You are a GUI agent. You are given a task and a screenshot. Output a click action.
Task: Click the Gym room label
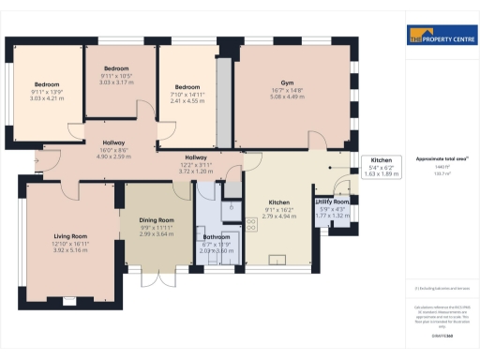(x=287, y=82)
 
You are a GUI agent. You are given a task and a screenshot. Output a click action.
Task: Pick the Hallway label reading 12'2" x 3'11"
(x=196, y=157)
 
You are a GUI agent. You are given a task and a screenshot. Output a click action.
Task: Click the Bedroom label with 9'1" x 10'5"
(x=116, y=68)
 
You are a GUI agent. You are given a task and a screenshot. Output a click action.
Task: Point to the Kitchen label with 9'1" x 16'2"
(x=279, y=203)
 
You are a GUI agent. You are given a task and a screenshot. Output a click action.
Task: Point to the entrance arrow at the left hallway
(x=36, y=161)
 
